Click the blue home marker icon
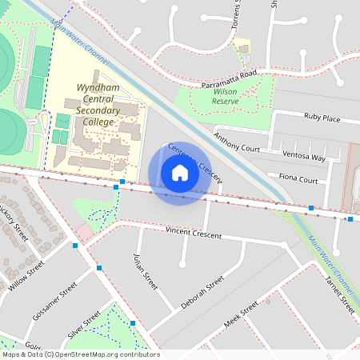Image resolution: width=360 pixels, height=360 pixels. pyautogui.click(x=179, y=173)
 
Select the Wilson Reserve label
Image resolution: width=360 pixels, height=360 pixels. pyautogui.click(x=226, y=97)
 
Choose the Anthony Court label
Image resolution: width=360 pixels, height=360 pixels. pyautogui.click(x=237, y=142)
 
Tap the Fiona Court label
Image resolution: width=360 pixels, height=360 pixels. pyautogui.click(x=298, y=179)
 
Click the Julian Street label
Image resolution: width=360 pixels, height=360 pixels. pyautogui.click(x=143, y=273)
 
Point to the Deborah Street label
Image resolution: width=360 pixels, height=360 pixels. pyautogui.click(x=202, y=294)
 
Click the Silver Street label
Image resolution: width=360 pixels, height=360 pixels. pyautogui.click(x=85, y=324)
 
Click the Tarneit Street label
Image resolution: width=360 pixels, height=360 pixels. pyautogui.click(x=339, y=293)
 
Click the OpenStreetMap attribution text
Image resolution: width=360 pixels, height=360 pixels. pyautogui.click(x=80, y=354)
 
